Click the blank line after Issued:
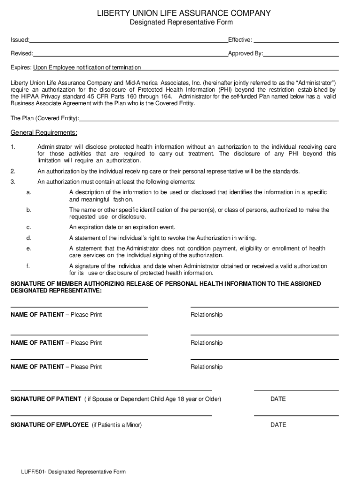(x=129, y=41)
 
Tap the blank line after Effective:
(x=296, y=41)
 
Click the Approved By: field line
(x=301, y=55)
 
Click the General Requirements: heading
(x=44, y=132)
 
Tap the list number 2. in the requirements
(x=13, y=171)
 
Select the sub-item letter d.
(x=29, y=238)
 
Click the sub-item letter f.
(x=28, y=266)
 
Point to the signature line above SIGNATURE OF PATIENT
(x=111, y=390)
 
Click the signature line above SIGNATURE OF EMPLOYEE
(x=111, y=415)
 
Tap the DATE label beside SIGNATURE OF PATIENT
(x=278, y=399)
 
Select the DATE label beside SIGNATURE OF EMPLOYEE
(x=278, y=425)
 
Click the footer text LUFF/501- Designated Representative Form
(x=72, y=472)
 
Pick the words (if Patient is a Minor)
(x=116, y=425)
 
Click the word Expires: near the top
(x=21, y=67)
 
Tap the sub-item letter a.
(x=29, y=192)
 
